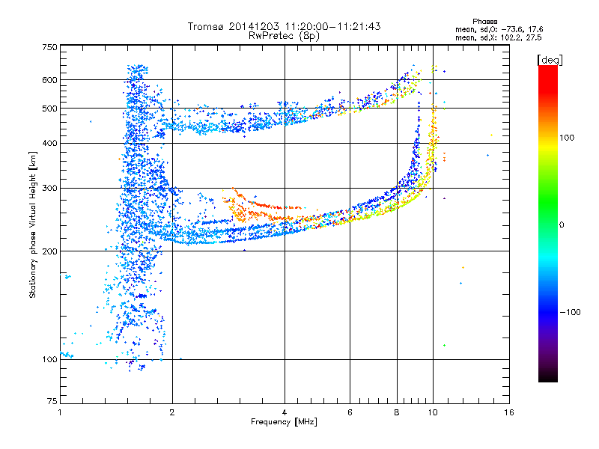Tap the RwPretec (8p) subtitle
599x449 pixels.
click(284, 36)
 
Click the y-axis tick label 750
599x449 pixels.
click(49, 47)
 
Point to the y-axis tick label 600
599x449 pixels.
click(49, 80)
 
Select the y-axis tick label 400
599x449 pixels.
click(49, 144)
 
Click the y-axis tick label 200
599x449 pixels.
click(49, 251)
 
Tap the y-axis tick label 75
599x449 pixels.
click(52, 401)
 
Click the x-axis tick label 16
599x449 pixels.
click(509, 412)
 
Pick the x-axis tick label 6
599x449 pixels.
click(350, 412)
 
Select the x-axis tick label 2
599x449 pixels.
click(172, 412)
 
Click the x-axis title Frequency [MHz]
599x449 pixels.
click(284, 422)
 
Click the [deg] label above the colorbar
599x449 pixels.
click(550, 61)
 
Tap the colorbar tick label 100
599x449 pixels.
click(567, 138)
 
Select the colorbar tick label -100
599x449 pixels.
click(570, 312)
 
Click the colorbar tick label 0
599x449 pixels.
click(562, 225)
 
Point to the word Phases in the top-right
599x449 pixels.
click(484, 22)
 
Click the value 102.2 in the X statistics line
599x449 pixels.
click(512, 38)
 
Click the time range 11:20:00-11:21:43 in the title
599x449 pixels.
click(332, 26)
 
